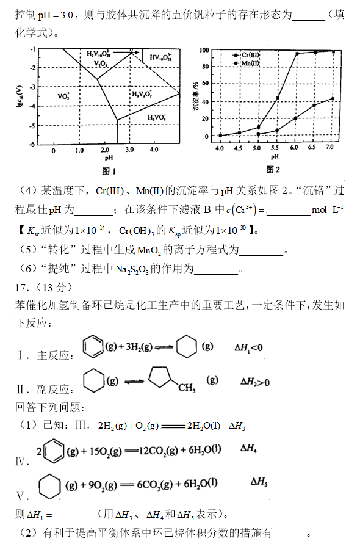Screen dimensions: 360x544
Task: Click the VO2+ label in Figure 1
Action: [63, 96]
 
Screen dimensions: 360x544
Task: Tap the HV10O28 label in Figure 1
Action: [161, 57]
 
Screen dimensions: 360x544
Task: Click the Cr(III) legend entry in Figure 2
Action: [248, 56]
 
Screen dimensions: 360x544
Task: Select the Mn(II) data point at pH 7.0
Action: [333, 98]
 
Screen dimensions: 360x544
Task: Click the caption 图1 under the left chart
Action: [109, 170]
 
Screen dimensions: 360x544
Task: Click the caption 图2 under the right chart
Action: [273, 169]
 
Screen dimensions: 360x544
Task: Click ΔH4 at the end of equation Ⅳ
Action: [249, 448]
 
